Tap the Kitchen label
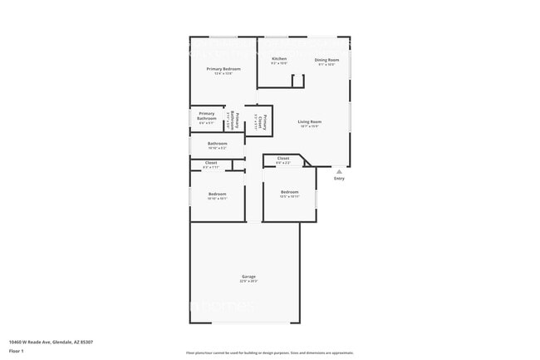pos(279,59)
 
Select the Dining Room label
pos(326,60)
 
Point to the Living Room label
pos(310,122)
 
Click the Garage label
pos(248,276)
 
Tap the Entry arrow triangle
pos(338,171)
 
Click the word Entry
pos(339,179)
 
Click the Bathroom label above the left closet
pos(217,143)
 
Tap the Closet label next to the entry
pos(283,158)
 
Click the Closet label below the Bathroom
pos(211,163)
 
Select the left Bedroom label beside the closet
pos(217,194)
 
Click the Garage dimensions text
pos(248,282)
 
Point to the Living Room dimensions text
pos(310,127)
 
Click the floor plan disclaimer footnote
pos(269,353)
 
